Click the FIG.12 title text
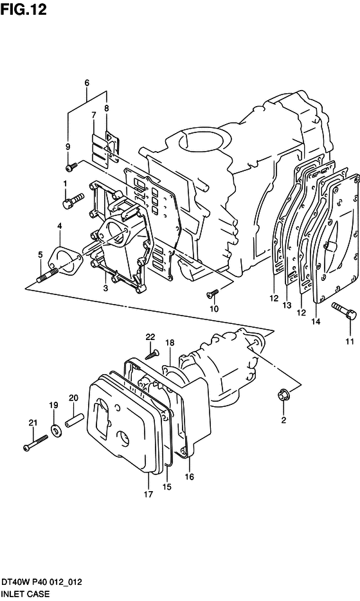click(23, 9)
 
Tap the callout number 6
click(87, 82)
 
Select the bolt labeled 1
click(73, 201)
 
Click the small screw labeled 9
click(71, 166)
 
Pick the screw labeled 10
click(212, 293)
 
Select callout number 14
click(316, 321)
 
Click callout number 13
click(287, 305)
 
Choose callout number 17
click(148, 494)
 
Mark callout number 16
click(190, 477)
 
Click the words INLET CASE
click(25, 594)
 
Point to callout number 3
click(105, 288)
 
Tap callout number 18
click(170, 342)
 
